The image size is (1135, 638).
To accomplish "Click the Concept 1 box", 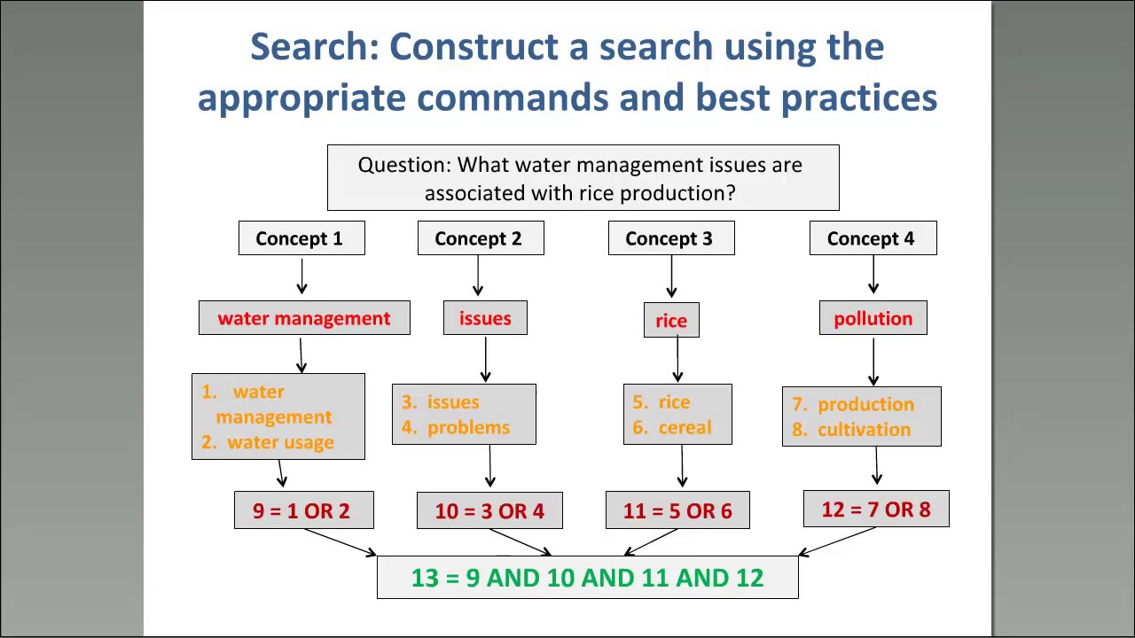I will [x=301, y=238].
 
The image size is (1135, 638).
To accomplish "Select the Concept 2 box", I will [x=481, y=238].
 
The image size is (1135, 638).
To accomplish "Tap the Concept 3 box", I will [x=671, y=238].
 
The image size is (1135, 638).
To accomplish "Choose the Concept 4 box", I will [x=873, y=238].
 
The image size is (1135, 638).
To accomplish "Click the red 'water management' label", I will [x=304, y=318].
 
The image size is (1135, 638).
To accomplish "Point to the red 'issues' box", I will [x=485, y=318].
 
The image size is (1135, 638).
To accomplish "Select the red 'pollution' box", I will [x=873, y=318].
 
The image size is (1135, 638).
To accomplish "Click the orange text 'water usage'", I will [x=280, y=442].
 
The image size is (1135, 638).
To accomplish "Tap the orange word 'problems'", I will [x=468, y=427].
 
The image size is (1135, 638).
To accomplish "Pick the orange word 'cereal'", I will [x=685, y=427].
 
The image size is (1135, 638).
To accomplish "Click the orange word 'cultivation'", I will [x=864, y=429].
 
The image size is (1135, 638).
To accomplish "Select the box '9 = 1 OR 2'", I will [x=303, y=510].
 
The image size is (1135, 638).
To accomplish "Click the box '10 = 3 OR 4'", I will [x=489, y=510].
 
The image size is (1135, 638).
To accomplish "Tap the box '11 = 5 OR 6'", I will [x=677, y=510].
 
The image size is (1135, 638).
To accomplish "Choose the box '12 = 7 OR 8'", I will [x=876, y=510].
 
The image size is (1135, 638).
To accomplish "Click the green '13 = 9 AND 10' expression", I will [x=587, y=578].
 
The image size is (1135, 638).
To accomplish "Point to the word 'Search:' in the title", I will [x=314, y=47].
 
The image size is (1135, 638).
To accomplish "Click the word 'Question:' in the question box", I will [x=404, y=165].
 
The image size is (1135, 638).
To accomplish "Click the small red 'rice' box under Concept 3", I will [x=671, y=320].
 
